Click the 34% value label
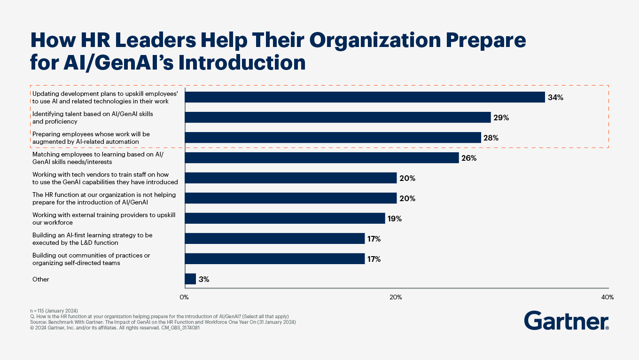point(555,97)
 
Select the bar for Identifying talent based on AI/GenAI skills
point(338,117)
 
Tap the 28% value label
point(491,138)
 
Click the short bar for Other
point(190,279)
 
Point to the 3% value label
point(204,279)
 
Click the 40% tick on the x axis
point(607,297)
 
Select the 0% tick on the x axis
point(184,297)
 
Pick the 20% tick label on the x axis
point(396,297)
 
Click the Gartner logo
point(566,321)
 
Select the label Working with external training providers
point(103,219)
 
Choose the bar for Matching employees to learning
point(322,158)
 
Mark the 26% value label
point(468,158)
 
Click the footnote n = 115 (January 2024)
point(54,311)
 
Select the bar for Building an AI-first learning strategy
point(275,239)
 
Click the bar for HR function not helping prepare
point(291,198)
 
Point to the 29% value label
point(501,117)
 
